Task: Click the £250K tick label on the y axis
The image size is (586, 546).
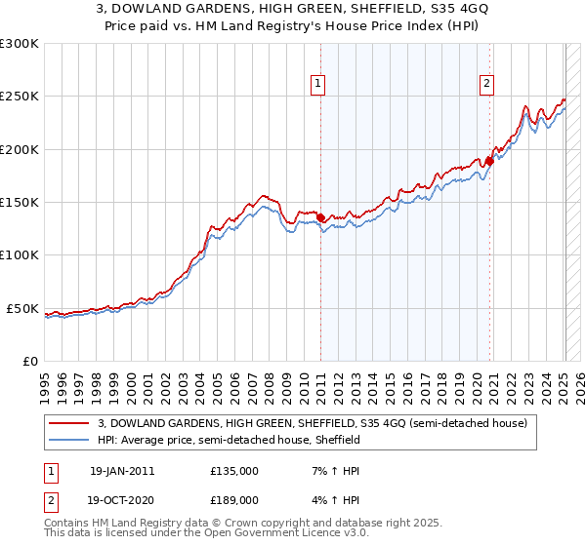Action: pyautogui.click(x=20, y=97)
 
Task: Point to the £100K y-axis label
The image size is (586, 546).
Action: pyautogui.click(x=20, y=255)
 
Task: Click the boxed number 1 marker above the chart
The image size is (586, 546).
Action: pyautogui.click(x=319, y=85)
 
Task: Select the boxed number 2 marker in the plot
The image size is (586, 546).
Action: pyautogui.click(x=486, y=85)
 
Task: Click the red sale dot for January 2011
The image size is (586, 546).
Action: pyautogui.click(x=321, y=217)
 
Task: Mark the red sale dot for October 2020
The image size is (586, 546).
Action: pyautogui.click(x=489, y=161)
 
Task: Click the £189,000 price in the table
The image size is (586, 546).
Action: pyautogui.click(x=234, y=499)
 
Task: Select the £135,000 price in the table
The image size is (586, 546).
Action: pyautogui.click(x=234, y=470)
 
